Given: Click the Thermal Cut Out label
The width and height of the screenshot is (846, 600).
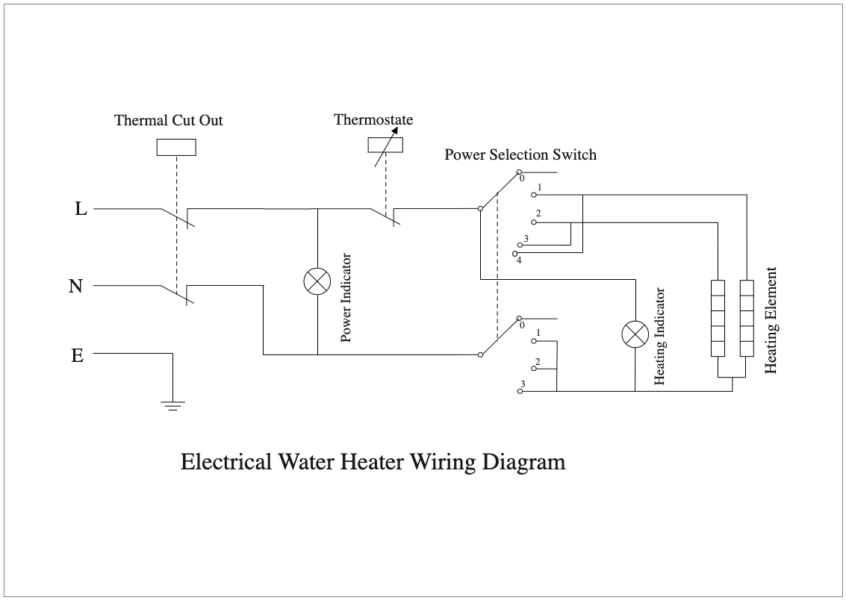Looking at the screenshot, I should [x=168, y=120].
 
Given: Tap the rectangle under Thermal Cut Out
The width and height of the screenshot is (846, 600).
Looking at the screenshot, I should [x=176, y=147].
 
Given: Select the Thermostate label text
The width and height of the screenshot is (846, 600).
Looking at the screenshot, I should [x=373, y=119].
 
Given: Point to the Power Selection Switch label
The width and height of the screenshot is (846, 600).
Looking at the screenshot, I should [x=520, y=155].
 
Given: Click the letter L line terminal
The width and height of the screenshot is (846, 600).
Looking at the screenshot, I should [x=81, y=210].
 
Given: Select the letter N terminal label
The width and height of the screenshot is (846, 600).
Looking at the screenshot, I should [x=75, y=286].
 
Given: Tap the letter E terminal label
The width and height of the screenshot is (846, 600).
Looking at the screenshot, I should [x=77, y=356].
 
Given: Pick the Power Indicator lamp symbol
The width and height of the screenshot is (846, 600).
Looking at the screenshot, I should [x=317, y=281].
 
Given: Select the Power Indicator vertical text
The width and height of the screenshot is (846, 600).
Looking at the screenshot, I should [x=346, y=298].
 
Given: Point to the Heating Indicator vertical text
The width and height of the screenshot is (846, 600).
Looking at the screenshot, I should [x=659, y=337].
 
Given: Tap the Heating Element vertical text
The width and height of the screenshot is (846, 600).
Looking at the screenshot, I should [x=771, y=320].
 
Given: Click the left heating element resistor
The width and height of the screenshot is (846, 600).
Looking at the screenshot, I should [x=718, y=319].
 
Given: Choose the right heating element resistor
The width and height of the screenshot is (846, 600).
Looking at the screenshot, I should [x=746, y=319].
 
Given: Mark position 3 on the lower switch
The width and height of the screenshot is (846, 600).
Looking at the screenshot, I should [x=520, y=390].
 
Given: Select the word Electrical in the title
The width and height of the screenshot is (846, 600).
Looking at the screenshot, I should [x=226, y=462].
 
